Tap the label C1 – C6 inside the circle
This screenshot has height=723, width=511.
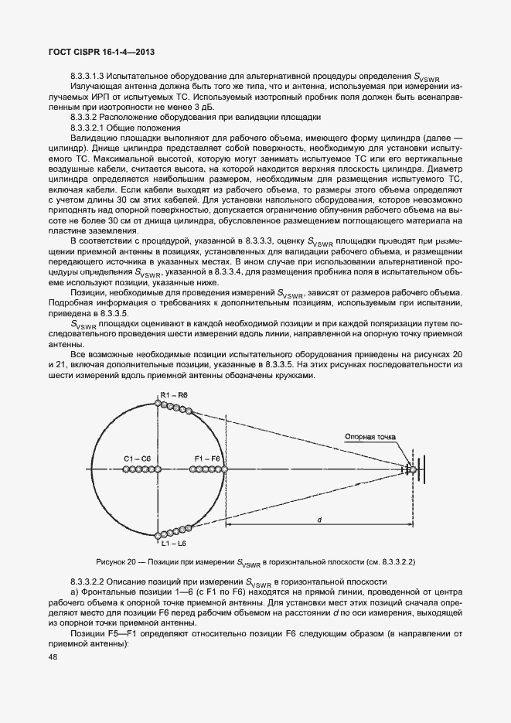[140, 459]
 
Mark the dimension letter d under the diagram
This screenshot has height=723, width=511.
[319, 520]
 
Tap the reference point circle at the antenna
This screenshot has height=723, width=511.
[413, 469]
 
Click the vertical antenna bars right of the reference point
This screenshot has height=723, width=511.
[424, 469]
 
